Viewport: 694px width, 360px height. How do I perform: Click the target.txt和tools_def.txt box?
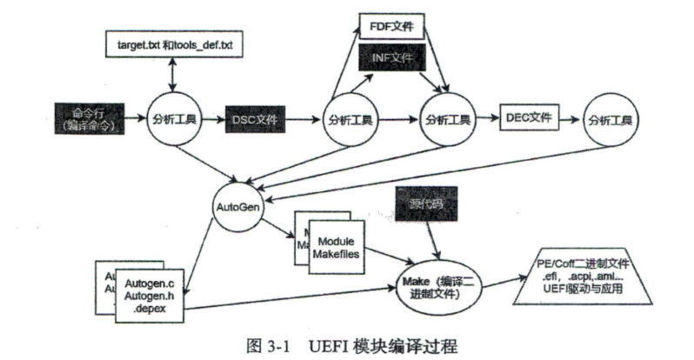click(171, 43)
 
